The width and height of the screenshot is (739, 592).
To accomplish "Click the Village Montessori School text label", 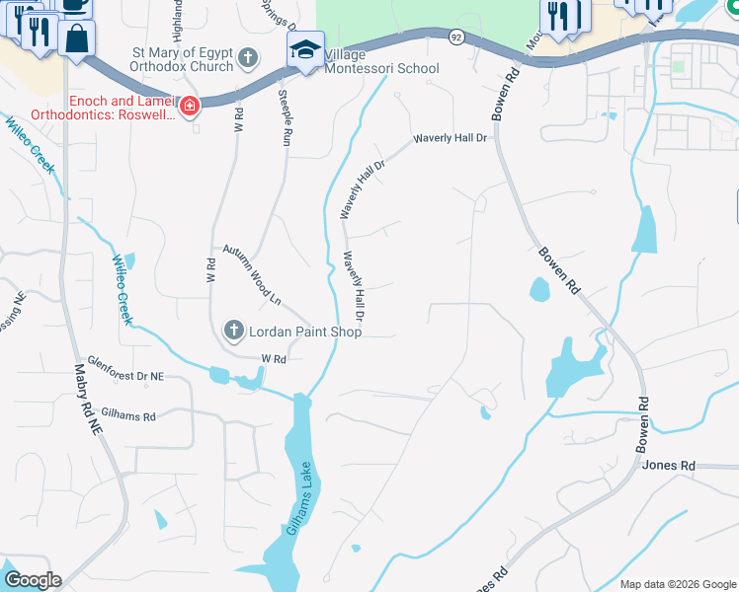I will pyautogui.click(x=381, y=61).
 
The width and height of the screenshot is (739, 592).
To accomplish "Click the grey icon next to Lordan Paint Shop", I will pyautogui.click(x=233, y=330).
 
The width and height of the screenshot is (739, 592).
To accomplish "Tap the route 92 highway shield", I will pyautogui.click(x=455, y=37).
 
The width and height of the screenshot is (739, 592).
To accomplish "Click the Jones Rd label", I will pyautogui.click(x=669, y=465).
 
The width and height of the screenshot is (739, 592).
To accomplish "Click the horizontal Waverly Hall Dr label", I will pyautogui.click(x=452, y=138).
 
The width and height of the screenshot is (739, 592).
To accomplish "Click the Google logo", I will pyautogui.click(x=33, y=580).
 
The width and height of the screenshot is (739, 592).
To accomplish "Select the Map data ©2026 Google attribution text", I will pyautogui.click(x=678, y=584).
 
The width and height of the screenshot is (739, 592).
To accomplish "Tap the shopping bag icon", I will pyautogui.click(x=76, y=40).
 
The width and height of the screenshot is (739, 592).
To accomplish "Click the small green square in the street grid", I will pyautogui.click(x=678, y=67).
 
